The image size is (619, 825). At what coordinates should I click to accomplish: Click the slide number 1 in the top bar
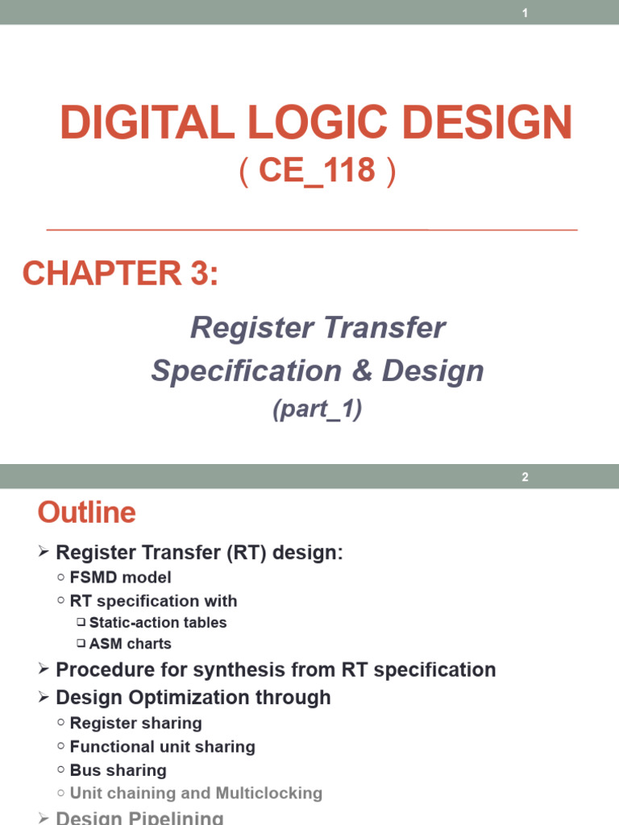coord(525,13)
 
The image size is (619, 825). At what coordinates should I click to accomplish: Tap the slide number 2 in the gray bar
coord(525,477)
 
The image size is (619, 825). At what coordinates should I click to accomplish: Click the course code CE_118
coord(318,171)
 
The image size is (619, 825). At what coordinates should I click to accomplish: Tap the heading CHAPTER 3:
coord(120,274)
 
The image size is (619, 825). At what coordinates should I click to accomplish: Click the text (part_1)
coord(318,410)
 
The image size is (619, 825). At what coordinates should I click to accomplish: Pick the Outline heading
coord(87,512)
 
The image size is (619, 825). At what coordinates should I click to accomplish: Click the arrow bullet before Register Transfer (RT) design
coord(44,553)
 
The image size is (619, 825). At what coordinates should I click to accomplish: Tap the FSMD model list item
coord(120,578)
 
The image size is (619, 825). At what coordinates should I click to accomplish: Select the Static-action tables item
coord(158,623)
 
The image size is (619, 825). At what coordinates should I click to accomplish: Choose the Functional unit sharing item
coord(162,747)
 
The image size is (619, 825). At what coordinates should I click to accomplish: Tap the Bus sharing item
coord(118,770)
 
